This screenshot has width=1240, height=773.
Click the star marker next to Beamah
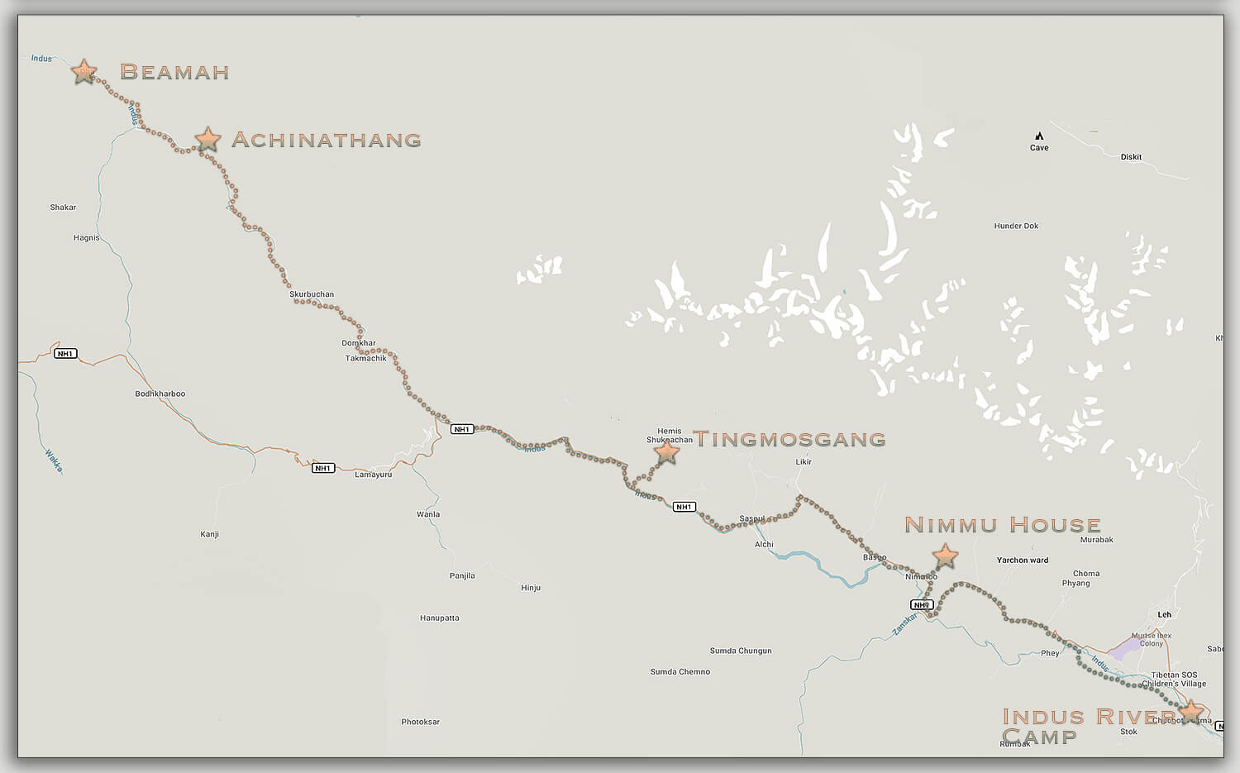click(x=83, y=72)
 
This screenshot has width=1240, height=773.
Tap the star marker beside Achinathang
click(x=207, y=139)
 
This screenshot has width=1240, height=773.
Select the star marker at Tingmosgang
click(x=666, y=451)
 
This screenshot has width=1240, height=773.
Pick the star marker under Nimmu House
click(x=944, y=556)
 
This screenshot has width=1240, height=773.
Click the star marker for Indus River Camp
click(x=1190, y=712)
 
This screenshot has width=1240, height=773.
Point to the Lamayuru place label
click(x=373, y=475)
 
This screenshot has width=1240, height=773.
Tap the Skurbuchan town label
click(x=312, y=294)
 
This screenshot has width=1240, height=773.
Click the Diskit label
click(x=1131, y=157)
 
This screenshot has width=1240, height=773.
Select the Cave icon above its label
click(x=1039, y=136)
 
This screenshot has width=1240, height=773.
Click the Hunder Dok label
click(x=1016, y=226)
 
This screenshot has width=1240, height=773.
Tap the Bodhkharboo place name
click(x=160, y=394)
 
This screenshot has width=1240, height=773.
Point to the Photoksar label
click(x=420, y=722)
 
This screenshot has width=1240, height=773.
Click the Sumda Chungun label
click(x=740, y=651)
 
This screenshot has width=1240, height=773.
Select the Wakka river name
click(x=54, y=460)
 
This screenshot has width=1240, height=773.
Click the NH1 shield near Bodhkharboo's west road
click(x=65, y=354)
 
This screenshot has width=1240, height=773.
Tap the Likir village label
click(x=803, y=462)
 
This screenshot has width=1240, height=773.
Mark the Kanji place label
click(x=209, y=534)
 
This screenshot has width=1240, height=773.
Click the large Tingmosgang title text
click(x=789, y=439)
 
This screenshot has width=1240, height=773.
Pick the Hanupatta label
click(x=439, y=618)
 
